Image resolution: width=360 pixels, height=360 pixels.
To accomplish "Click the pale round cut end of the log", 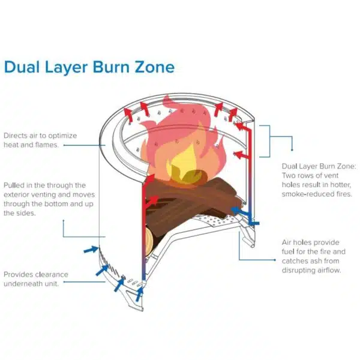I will pos(149,239).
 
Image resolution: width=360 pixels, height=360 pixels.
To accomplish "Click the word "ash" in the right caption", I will pos(320,261).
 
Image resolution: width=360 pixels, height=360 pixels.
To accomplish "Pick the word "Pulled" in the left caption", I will pos(15,186).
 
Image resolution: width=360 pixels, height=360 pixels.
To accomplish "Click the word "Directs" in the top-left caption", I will pos(16,136).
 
